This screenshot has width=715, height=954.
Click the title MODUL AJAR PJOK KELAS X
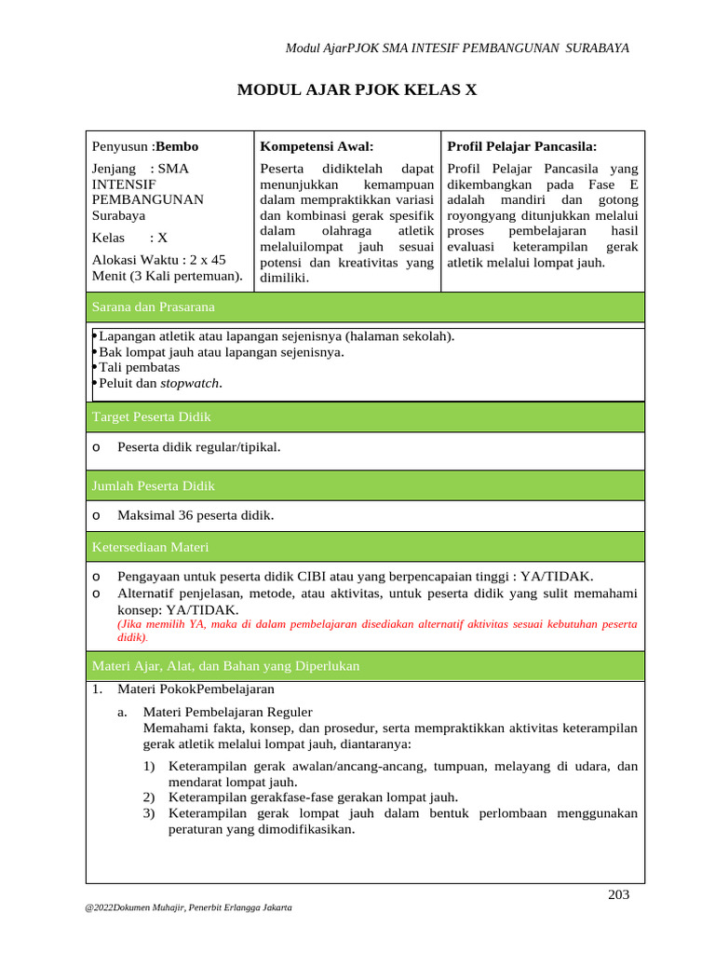coord(357,90)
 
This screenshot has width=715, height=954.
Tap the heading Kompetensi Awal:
coord(317,146)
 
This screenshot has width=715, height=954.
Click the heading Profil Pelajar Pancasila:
coord(522,146)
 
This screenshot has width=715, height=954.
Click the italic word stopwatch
coord(191,383)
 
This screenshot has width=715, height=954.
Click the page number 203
coord(618,895)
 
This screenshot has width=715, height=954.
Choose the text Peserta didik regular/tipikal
coord(198,447)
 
